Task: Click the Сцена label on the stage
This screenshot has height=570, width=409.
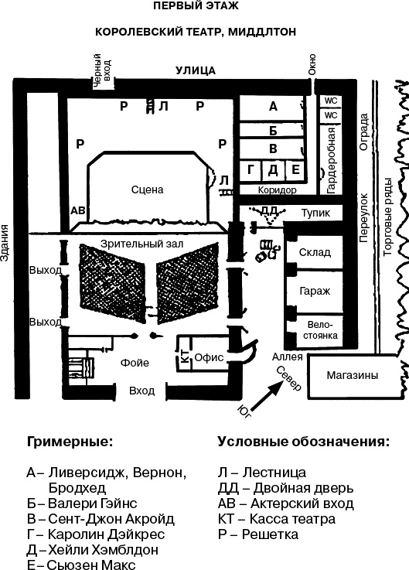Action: pos(148,189)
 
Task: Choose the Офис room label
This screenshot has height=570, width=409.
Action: pos(209,357)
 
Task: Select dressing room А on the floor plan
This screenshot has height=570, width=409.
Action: pos(273,107)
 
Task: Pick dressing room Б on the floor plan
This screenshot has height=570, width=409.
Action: pos(273,128)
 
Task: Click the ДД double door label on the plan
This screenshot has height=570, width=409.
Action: pos(269,210)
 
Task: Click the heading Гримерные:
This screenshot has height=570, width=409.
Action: pos(70,442)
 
